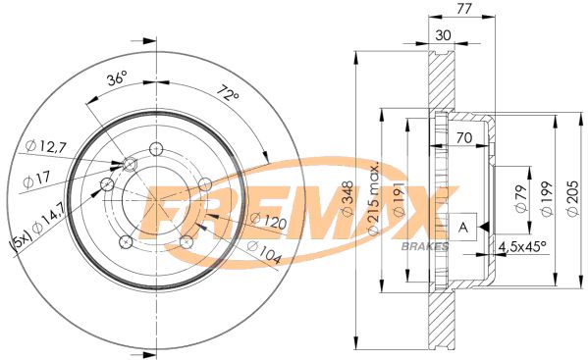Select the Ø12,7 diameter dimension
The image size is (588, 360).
click(x=46, y=146)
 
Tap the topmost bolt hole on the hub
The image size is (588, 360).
click(x=155, y=149)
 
